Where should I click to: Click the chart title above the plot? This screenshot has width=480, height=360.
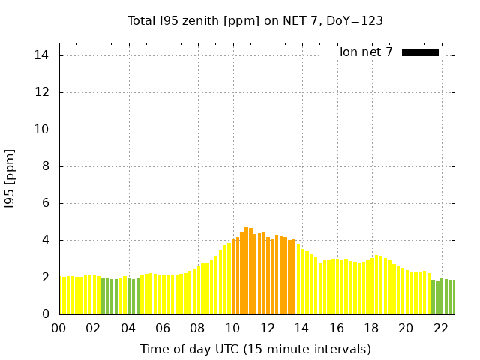255,21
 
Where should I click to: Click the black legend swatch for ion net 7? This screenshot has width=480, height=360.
420,53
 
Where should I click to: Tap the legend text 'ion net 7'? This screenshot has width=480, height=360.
366,52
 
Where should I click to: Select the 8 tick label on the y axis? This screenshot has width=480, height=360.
46,166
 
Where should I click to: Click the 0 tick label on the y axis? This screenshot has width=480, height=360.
46,313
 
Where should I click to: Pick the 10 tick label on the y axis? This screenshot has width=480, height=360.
42,130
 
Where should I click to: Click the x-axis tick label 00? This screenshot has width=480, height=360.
58,328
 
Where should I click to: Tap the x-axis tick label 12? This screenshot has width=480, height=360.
268,328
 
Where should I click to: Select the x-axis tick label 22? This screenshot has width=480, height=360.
441,328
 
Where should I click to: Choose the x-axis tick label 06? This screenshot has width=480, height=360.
163,328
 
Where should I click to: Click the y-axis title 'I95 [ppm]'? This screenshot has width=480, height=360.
10,179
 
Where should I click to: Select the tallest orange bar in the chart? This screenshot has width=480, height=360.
247,271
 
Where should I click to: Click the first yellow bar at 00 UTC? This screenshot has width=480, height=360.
61,295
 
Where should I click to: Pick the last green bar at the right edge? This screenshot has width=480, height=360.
454,297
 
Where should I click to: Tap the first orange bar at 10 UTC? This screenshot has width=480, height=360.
233,277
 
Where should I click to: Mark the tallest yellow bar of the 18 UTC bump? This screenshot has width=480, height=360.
376,285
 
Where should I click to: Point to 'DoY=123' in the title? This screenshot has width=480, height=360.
355,21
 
